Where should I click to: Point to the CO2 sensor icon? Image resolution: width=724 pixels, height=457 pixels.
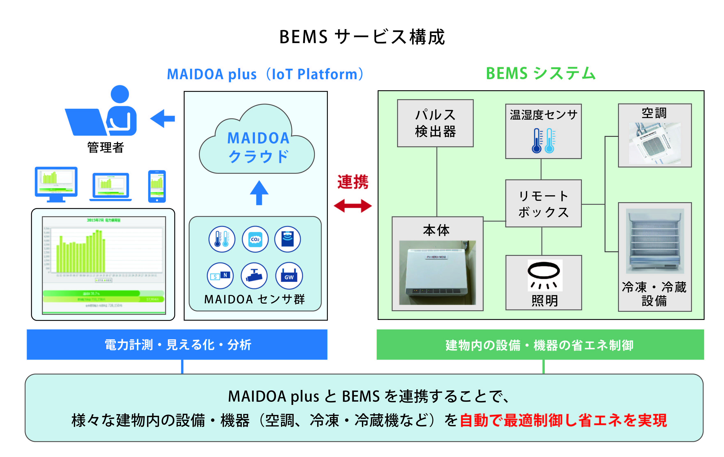[x=255, y=239]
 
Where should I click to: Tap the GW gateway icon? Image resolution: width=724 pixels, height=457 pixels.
[x=289, y=275]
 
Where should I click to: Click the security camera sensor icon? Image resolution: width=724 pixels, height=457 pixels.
[x=254, y=275]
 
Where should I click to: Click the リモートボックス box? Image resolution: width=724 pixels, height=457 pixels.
[x=543, y=203]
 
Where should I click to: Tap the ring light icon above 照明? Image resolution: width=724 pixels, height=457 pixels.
[x=545, y=275]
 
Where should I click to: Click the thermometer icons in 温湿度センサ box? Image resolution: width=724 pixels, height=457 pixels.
[x=543, y=141]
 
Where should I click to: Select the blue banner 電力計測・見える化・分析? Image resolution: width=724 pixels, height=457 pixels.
[x=177, y=345]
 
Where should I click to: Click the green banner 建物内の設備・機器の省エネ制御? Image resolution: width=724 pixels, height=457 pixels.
[x=540, y=345]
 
